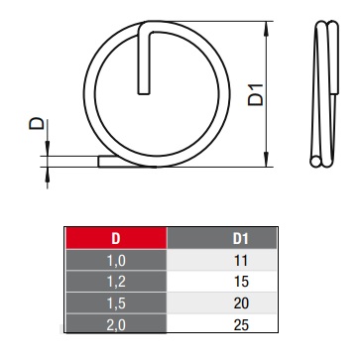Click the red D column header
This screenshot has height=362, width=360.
point(116,238)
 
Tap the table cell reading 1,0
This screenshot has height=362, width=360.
point(116,260)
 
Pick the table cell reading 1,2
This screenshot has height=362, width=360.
point(116,282)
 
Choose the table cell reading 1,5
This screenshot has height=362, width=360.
point(116,303)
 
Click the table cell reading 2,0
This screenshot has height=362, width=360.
point(116,324)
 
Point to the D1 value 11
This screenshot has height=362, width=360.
point(241,261)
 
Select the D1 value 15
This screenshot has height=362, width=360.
point(241,282)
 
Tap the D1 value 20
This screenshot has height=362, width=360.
point(241,303)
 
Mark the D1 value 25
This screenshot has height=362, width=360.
point(241,324)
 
